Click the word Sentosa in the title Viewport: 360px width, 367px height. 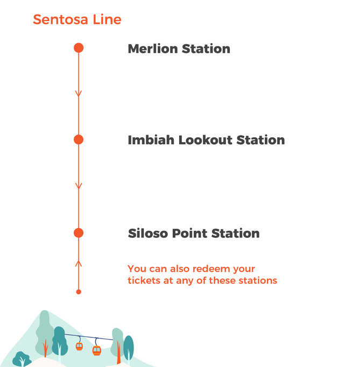point(60,19)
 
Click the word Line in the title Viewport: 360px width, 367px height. point(107,19)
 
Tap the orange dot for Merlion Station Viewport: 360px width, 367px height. point(79,48)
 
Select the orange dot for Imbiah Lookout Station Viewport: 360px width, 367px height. point(79,139)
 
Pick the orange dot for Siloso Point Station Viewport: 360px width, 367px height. point(79,233)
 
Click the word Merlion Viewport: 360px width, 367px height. point(153,48)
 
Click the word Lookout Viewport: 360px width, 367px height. point(205,140)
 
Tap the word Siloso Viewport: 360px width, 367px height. point(148,234)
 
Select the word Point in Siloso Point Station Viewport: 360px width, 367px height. point(189,234)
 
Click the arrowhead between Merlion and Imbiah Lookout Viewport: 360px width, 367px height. point(79,93)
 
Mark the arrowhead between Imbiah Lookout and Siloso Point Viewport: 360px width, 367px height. point(79,186)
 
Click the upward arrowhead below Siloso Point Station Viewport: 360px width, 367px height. point(79,264)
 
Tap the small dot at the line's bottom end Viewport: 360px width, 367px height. point(79,292)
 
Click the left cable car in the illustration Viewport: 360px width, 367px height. point(79,346)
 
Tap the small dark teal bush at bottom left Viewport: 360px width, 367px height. point(22,359)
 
